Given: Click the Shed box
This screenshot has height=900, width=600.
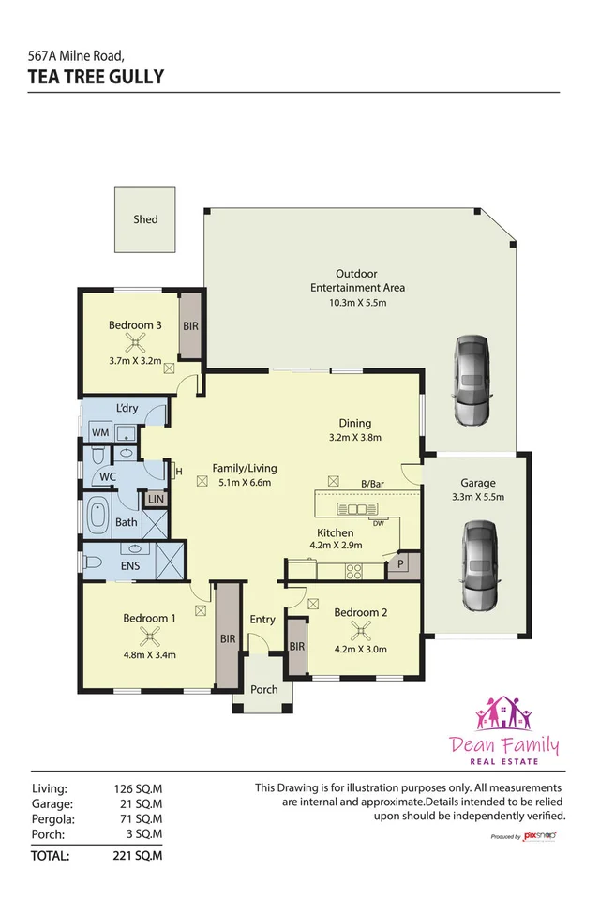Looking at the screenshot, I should pos(145,218).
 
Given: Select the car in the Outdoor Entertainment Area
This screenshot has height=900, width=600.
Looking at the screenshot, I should pos(471,381).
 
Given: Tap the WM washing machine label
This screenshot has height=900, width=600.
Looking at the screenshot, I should pos(100,432).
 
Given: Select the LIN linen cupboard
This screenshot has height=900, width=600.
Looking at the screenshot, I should pos(156,500).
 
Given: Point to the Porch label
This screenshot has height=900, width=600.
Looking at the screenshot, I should pos(264,689).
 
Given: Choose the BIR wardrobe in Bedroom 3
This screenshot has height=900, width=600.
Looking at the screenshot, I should pos(191,326).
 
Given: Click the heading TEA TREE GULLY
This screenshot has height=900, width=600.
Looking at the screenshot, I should pos(97,77).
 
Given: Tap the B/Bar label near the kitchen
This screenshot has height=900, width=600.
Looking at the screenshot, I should pos(373,484).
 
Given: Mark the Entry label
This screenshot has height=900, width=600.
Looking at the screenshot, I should pos(262,619).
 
